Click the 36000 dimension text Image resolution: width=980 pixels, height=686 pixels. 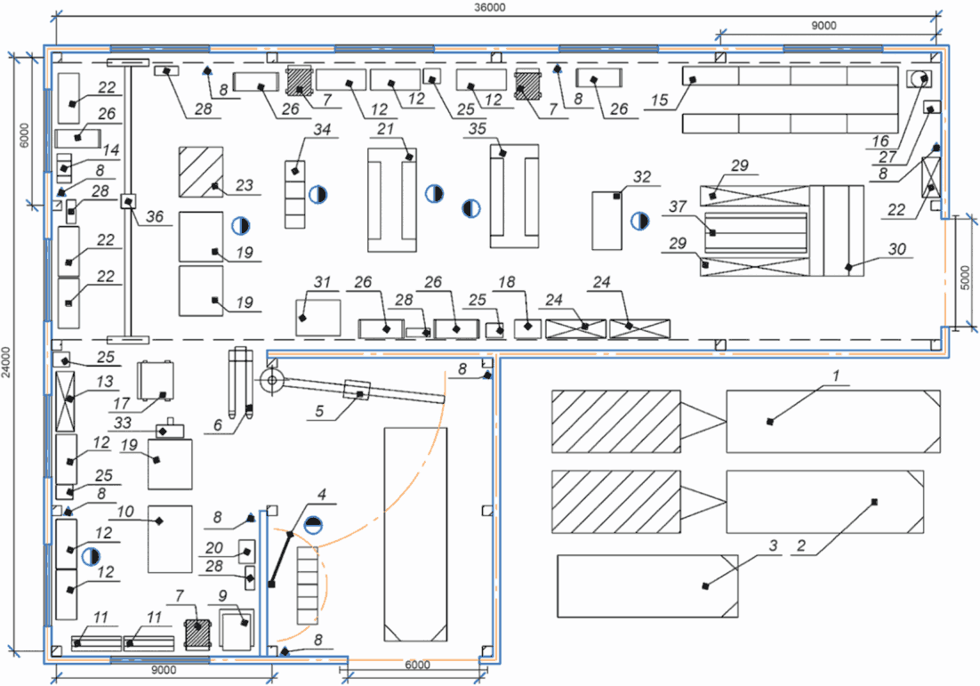tap(489, 7)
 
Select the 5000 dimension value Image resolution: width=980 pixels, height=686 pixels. tap(965, 278)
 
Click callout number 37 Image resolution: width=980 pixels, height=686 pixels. tap(679, 206)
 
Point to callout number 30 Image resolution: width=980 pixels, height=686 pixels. tap(897, 249)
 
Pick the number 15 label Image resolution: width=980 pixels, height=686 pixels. tap(659, 100)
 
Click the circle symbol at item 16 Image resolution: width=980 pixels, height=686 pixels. tap(920, 79)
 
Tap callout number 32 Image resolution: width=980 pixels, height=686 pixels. tap(642, 177)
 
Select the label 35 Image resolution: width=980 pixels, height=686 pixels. tap(478, 129)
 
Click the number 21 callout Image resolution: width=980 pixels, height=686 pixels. tap(386, 129)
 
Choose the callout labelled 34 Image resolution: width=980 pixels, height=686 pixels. tap(322, 129)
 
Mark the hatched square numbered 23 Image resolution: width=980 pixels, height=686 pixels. tap(201, 172)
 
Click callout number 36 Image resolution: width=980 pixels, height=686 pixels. tap(155, 216)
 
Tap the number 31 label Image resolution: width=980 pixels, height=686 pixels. tap(322, 282)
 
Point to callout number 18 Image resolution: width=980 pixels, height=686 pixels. tap(506, 282)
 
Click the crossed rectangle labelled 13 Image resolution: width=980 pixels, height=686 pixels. tap(65, 401)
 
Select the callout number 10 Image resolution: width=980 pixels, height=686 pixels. tap(125, 512)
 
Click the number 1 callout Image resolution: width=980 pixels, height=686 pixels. tap(836, 375)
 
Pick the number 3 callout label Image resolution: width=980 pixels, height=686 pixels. tap(773, 545)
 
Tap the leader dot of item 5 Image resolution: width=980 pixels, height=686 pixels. tap(360, 394)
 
